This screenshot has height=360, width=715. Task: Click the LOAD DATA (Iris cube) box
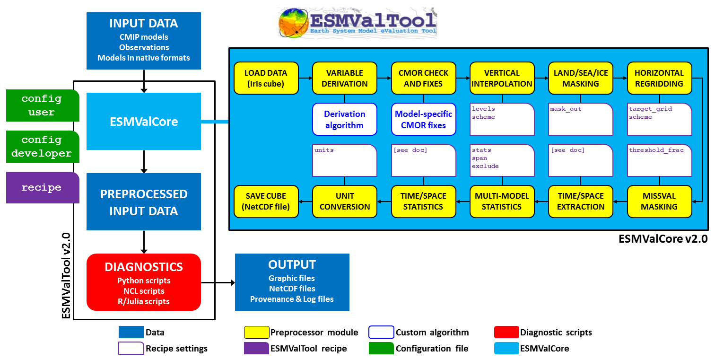tap(266, 78)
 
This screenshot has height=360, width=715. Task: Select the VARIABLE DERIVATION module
tap(345, 78)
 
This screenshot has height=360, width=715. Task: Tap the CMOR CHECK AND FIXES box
tap(423, 78)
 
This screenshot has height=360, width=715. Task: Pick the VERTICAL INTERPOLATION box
tap(502, 78)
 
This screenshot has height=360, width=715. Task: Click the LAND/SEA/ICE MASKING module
tap(580, 78)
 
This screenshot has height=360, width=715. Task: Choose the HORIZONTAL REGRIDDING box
tap(659, 78)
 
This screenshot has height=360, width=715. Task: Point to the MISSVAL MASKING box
tap(659, 202)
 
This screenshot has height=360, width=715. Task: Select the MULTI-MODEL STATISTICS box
tap(502, 202)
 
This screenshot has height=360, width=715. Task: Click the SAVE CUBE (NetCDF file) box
tap(266, 202)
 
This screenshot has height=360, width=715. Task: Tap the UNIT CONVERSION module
tap(345, 202)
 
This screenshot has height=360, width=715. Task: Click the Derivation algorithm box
tap(345, 119)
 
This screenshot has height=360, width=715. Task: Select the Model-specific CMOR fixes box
tap(423, 119)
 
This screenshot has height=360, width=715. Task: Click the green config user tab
tap(42, 105)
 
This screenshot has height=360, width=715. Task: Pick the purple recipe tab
tap(42, 187)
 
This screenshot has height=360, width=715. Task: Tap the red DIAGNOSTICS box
tap(144, 282)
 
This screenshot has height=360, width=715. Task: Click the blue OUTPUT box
tap(292, 282)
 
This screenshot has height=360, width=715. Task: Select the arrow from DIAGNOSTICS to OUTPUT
tap(218, 283)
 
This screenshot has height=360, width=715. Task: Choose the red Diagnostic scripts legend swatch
tap(506, 333)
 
